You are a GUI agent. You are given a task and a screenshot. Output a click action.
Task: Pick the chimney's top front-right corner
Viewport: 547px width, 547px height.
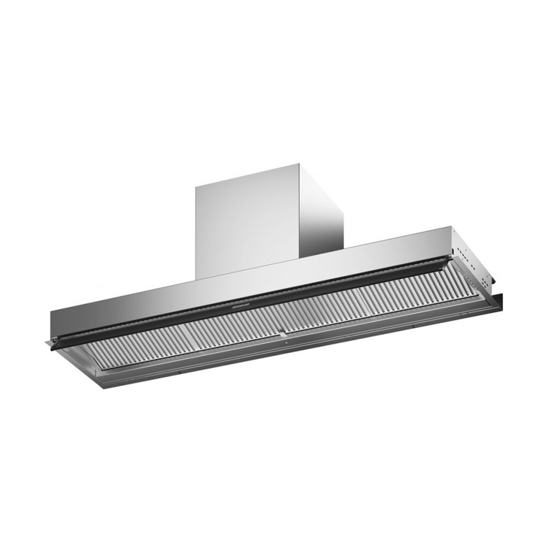(300, 162)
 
